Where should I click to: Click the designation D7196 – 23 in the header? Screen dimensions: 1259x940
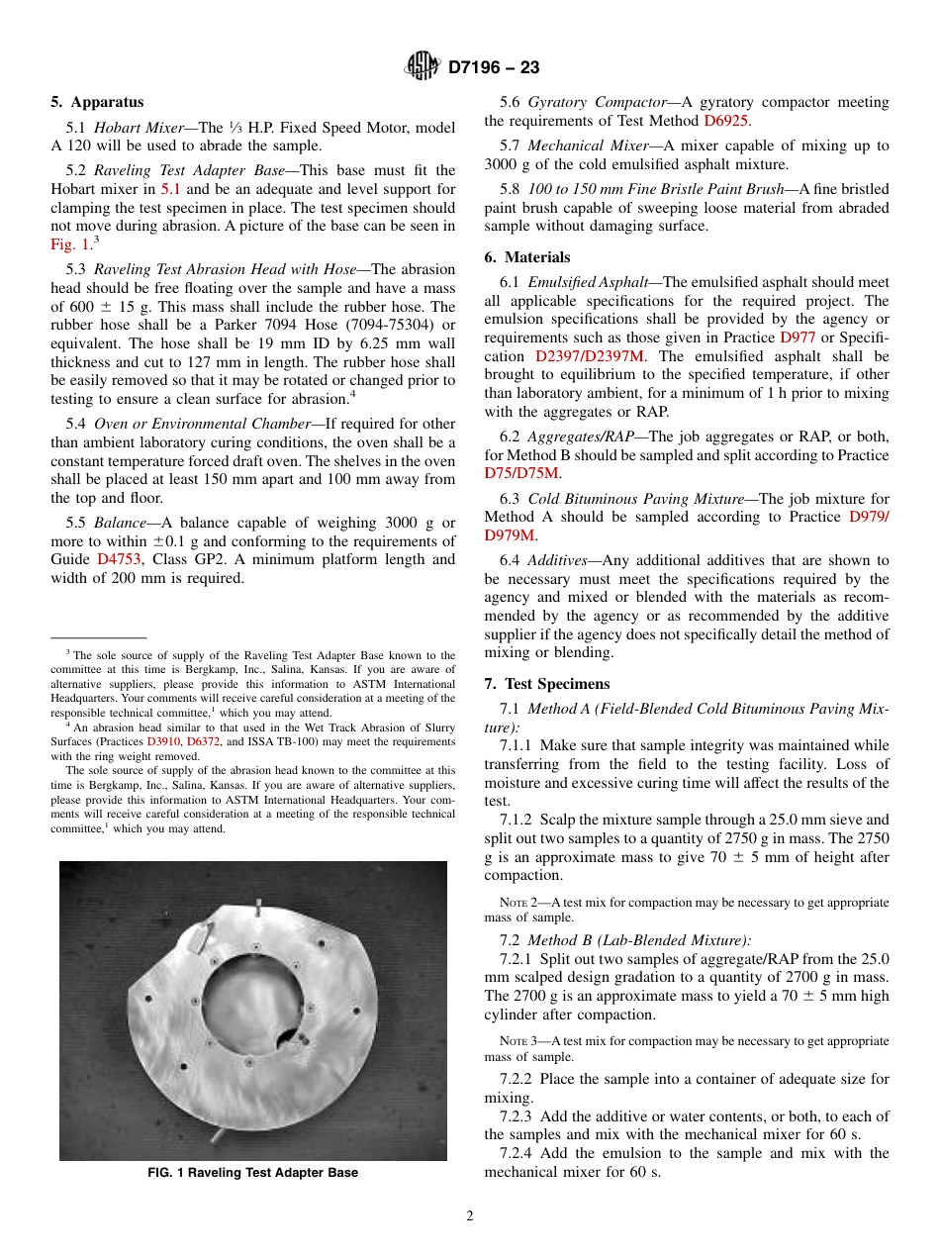coord(494,68)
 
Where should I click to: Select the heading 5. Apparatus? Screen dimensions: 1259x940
coord(97,102)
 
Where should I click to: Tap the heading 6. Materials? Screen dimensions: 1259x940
coord(527,256)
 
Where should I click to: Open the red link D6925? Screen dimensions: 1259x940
coord(725,121)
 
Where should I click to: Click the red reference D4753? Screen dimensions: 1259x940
coord(119,559)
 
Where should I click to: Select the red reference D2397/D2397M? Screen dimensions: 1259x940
coord(590,356)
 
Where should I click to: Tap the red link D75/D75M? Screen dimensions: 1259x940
coord(521,474)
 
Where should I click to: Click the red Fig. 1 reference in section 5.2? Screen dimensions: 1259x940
coord(70,244)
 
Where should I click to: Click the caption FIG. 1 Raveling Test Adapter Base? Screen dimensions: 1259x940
coord(252,1173)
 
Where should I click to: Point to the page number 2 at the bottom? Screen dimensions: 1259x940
coord(470,1216)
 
